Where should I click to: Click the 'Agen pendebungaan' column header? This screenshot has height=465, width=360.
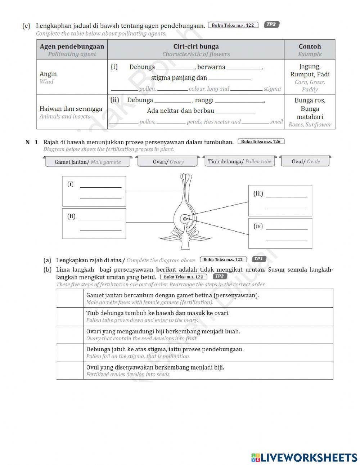(x=72, y=50)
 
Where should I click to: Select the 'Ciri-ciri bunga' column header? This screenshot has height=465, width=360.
(x=196, y=50)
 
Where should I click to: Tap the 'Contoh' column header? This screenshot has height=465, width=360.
(x=310, y=50)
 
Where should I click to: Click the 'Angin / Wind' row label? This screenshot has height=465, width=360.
(x=48, y=77)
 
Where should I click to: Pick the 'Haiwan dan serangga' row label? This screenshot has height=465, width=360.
(x=71, y=112)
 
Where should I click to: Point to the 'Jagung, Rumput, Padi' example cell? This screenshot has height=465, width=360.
(x=310, y=77)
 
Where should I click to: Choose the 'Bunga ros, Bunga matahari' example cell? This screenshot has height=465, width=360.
(x=310, y=112)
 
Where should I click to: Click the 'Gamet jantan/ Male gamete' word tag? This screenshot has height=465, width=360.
(x=87, y=162)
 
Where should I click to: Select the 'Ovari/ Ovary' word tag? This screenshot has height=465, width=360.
(x=168, y=161)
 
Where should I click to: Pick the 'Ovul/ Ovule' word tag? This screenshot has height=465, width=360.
(x=305, y=161)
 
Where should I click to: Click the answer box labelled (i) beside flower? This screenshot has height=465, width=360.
(x=94, y=191)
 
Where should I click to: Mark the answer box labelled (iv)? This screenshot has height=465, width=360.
(x=280, y=233)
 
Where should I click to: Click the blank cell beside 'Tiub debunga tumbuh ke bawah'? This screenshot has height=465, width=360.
(x=70, y=317)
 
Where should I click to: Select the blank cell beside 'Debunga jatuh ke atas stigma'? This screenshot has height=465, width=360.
(x=70, y=353)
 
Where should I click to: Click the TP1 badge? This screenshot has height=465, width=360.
(x=258, y=259)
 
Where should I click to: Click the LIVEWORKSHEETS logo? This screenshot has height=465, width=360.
(x=304, y=457)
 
